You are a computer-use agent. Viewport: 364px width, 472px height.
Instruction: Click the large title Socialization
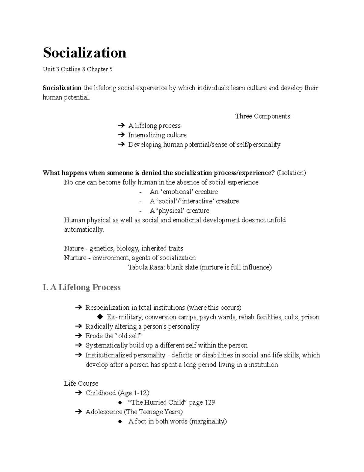85,53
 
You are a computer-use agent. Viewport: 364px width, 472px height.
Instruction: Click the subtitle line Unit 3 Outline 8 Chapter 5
78,69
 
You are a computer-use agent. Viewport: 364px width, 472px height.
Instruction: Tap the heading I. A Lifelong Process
82,287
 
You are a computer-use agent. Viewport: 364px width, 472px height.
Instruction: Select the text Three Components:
263,116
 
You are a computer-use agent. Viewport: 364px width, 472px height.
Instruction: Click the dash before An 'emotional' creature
140,192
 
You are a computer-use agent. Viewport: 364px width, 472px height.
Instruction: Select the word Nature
74,248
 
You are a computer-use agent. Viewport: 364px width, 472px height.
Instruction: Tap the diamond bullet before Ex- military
100,317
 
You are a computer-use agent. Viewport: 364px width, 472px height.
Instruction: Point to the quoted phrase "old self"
128,336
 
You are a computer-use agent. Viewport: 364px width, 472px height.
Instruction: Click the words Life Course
81,383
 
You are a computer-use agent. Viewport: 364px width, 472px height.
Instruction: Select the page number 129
210,402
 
